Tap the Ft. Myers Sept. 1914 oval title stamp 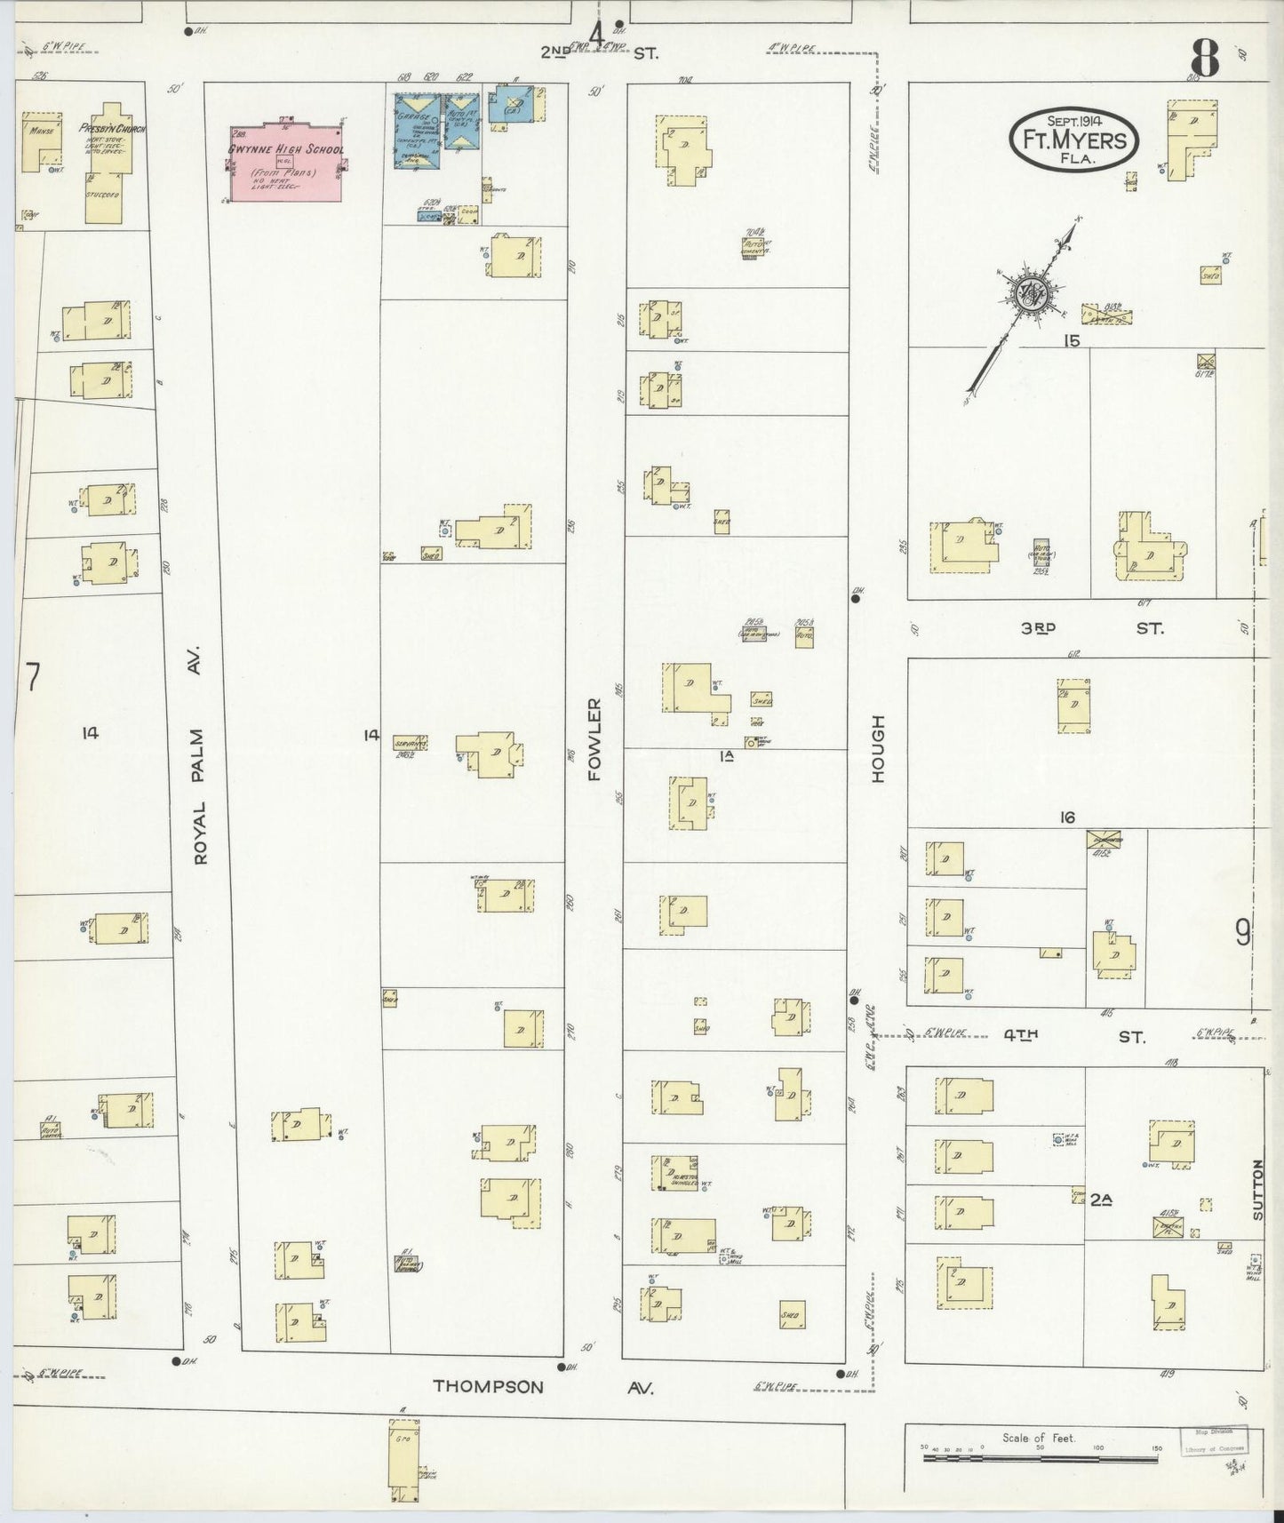[x=1073, y=140]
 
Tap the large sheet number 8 [x=1205, y=60]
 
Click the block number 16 [x=1067, y=817]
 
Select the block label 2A [x=1102, y=1199]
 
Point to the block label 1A [x=726, y=756]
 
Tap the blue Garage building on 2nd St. [x=416, y=129]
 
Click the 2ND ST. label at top [x=600, y=52]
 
